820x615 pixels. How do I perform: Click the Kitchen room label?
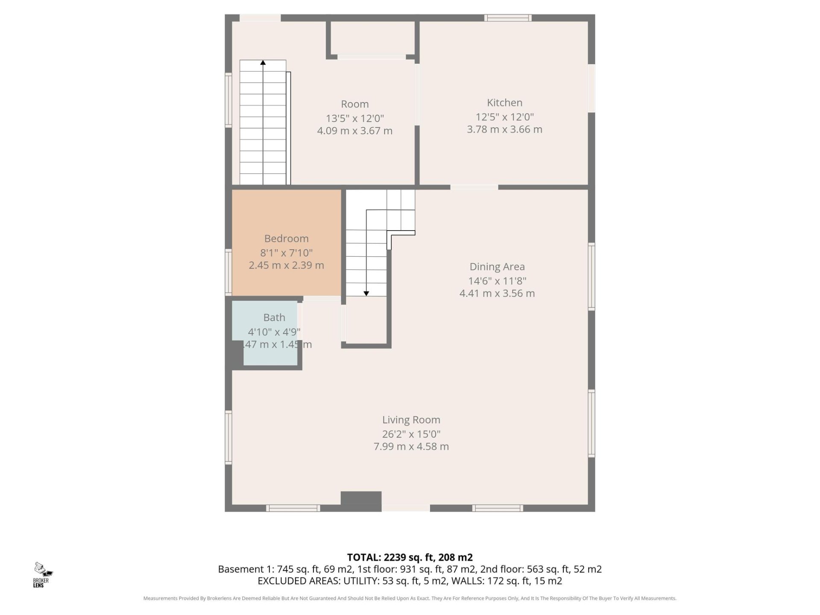(504, 102)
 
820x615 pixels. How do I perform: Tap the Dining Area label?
(497, 267)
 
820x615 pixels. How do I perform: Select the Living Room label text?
(411, 420)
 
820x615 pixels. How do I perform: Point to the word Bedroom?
(286, 239)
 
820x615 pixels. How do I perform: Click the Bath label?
(274, 317)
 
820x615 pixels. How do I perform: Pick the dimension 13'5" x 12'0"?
(355, 118)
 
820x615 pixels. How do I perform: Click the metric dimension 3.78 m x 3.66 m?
(504, 129)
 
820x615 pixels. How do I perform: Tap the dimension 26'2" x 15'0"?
(411, 434)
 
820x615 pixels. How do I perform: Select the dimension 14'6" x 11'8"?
(497, 281)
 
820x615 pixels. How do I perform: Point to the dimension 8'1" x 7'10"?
(286, 252)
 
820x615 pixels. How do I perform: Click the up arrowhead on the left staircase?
(263, 63)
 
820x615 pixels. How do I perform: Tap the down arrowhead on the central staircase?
(366, 293)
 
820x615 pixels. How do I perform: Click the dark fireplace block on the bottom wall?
(361, 501)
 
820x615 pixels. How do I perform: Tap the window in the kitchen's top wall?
(508, 18)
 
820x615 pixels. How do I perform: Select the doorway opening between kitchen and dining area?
(474, 187)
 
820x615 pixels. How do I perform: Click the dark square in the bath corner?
(234, 353)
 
